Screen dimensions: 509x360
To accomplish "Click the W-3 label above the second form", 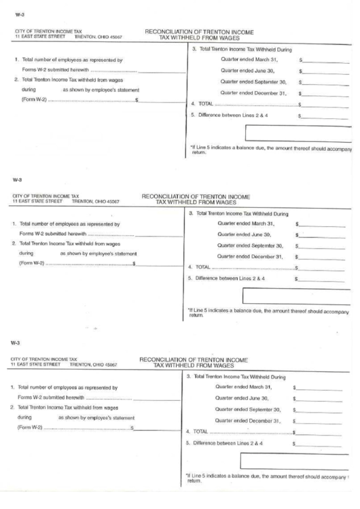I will (x=16, y=181).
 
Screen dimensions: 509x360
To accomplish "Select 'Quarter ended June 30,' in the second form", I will (x=245, y=234).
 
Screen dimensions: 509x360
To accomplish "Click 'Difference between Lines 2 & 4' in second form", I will (x=230, y=279).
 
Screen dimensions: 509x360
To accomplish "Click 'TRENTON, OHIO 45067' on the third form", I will (x=98, y=364).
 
